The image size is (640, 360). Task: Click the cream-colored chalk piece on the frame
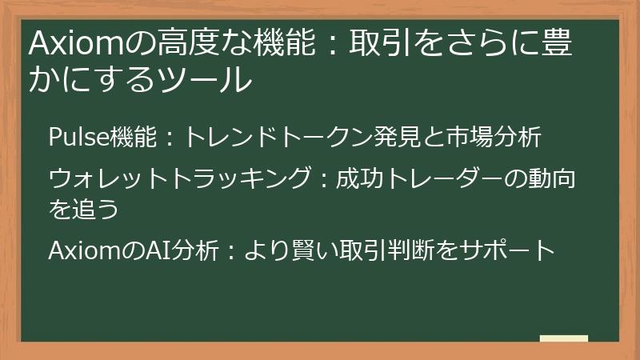[x=563, y=338]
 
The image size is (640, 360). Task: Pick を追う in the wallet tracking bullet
[x=84, y=207]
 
